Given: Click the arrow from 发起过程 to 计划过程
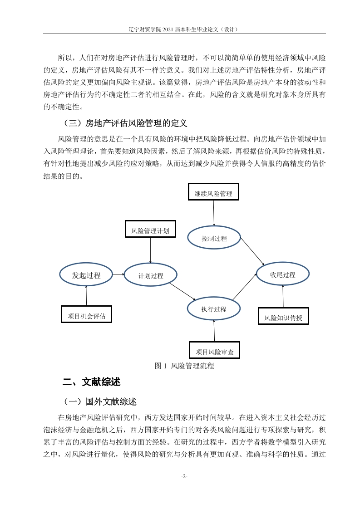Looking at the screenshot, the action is pyautogui.click(x=118, y=274).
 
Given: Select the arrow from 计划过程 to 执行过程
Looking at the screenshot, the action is pyautogui.click(x=182, y=291).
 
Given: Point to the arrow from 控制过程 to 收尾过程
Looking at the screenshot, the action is pyautogui.click(x=252, y=252).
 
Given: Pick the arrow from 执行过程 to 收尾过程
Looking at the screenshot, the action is pyautogui.click(x=245, y=287).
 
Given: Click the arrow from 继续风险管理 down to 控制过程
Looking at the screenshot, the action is pyautogui.click(x=214, y=213).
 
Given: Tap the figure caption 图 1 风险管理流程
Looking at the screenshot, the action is pyautogui.click(x=184, y=366).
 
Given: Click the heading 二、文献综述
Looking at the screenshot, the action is pyautogui.click(x=91, y=382).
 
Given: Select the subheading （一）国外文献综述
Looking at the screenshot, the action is pyautogui.click(x=99, y=401).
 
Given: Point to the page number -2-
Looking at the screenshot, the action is pyautogui.click(x=184, y=476).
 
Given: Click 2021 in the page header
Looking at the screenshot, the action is pyautogui.click(x=168, y=29).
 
